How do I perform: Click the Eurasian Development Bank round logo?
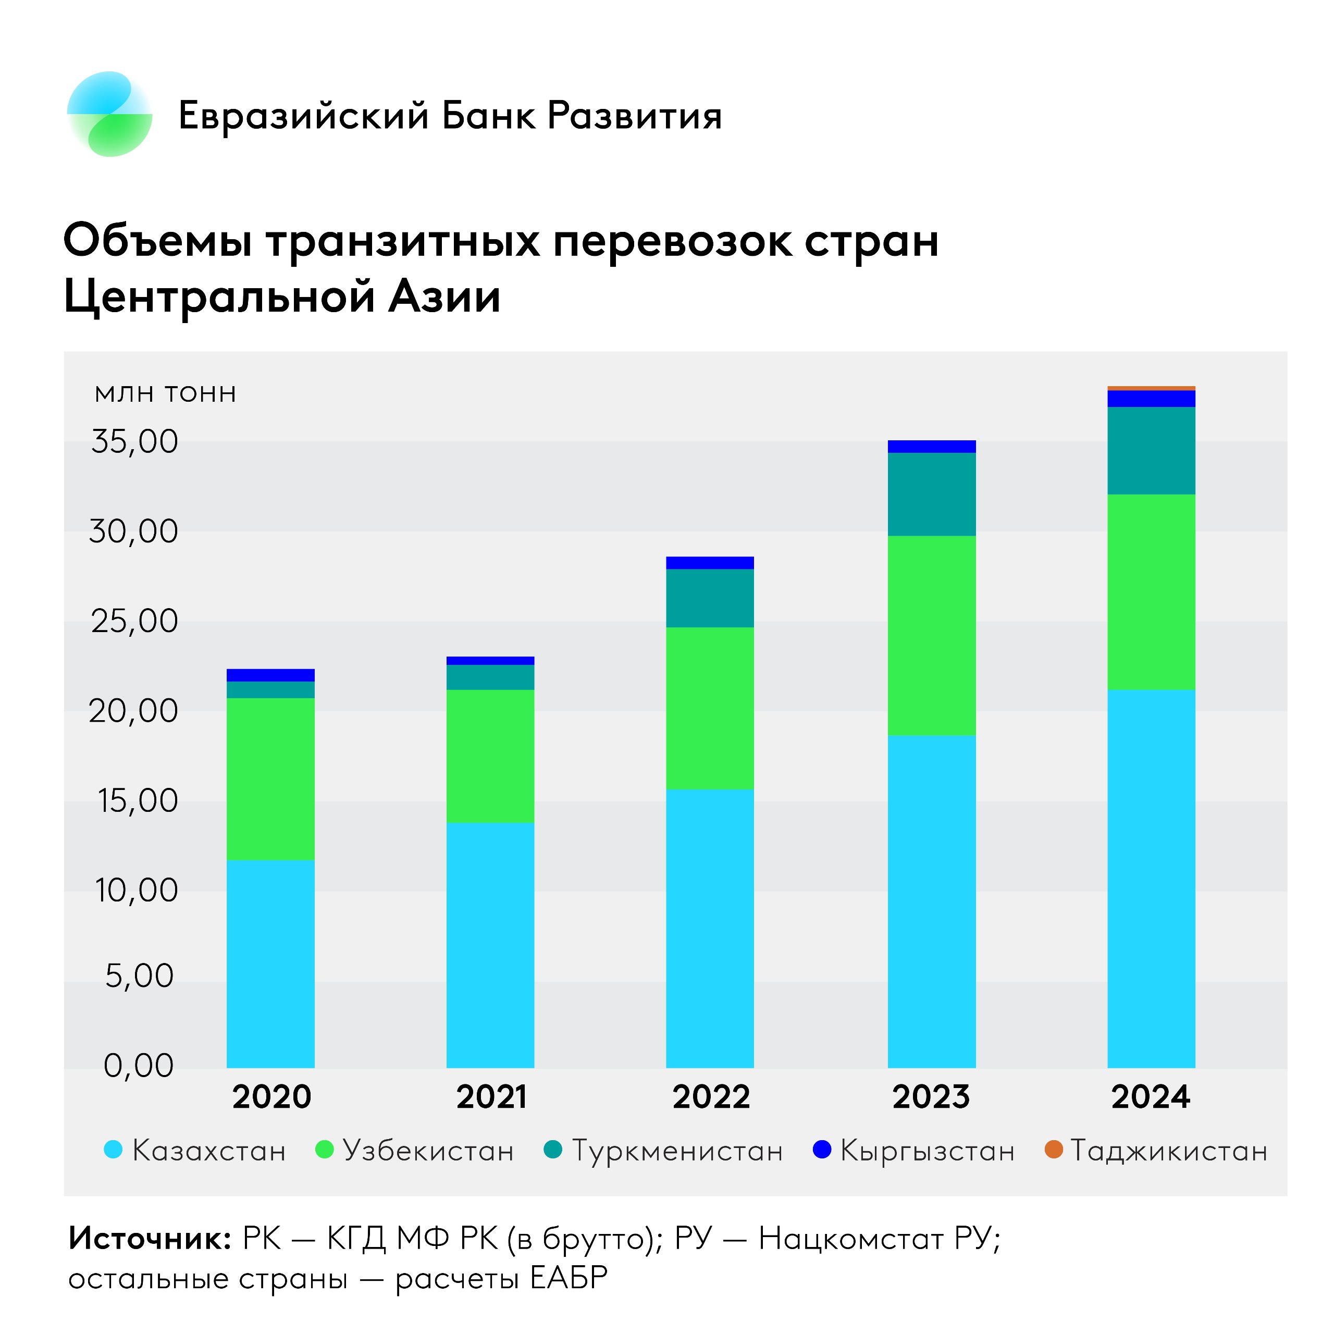point(110,114)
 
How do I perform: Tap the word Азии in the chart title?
point(444,297)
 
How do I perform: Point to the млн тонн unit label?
point(166,393)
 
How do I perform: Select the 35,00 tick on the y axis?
point(134,441)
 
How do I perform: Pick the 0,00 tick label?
point(138,1066)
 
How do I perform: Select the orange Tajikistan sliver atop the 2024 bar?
point(1151,389)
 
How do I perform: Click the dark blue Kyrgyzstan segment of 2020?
point(270,675)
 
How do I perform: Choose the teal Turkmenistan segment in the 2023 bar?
point(931,495)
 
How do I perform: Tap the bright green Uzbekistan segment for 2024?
point(1151,592)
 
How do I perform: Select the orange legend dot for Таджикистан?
point(1054,1150)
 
